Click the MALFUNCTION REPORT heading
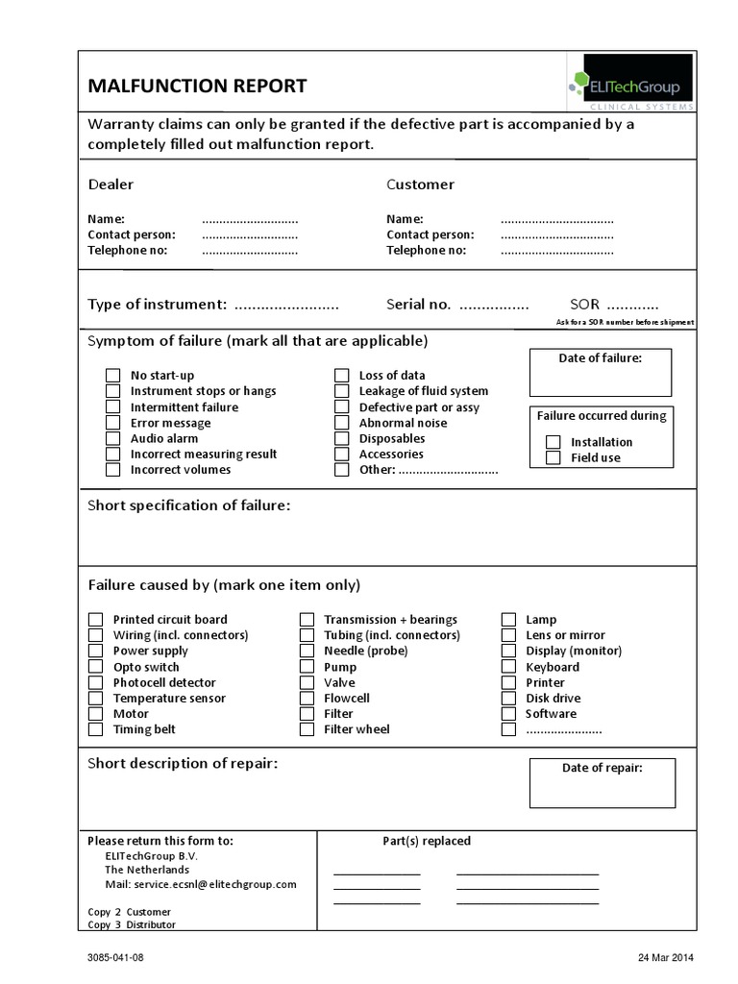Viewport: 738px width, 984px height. pyautogui.click(x=198, y=86)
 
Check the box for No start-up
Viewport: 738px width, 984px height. pyautogui.click(x=113, y=376)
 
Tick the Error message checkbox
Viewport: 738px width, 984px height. pyautogui.click(x=113, y=423)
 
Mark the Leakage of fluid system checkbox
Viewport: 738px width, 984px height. pyautogui.click(x=341, y=391)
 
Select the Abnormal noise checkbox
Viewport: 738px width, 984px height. pyautogui.click(x=341, y=423)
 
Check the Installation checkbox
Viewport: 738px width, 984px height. pyautogui.click(x=553, y=442)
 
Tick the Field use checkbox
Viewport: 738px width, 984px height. pyautogui.click(x=553, y=457)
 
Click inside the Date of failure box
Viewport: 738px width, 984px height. pyautogui.click(x=601, y=381)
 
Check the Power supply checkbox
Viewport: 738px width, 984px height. pyautogui.click(x=96, y=652)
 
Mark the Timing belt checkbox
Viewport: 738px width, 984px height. pyautogui.click(x=96, y=729)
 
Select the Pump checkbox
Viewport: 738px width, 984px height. pyautogui.click(x=307, y=667)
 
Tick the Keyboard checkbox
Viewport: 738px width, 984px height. pyautogui.click(x=508, y=667)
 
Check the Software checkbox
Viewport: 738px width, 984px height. pyautogui.click(x=508, y=714)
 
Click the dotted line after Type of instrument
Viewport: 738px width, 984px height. pyautogui.click(x=286, y=306)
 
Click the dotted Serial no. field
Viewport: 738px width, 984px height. pyautogui.click(x=493, y=306)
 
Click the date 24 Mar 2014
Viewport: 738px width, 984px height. pyautogui.click(x=665, y=958)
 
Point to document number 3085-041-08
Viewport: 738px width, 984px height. pyautogui.click(x=116, y=958)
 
